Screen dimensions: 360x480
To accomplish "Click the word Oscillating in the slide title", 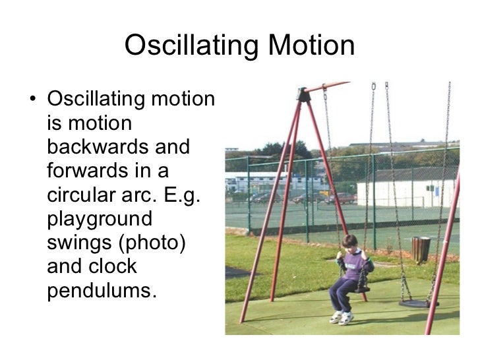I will click(192, 47).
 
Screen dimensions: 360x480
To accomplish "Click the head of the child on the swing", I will click(350, 242).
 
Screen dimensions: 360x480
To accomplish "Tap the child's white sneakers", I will click(340, 317).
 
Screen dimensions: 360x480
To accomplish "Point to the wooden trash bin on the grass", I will click(420, 249).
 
